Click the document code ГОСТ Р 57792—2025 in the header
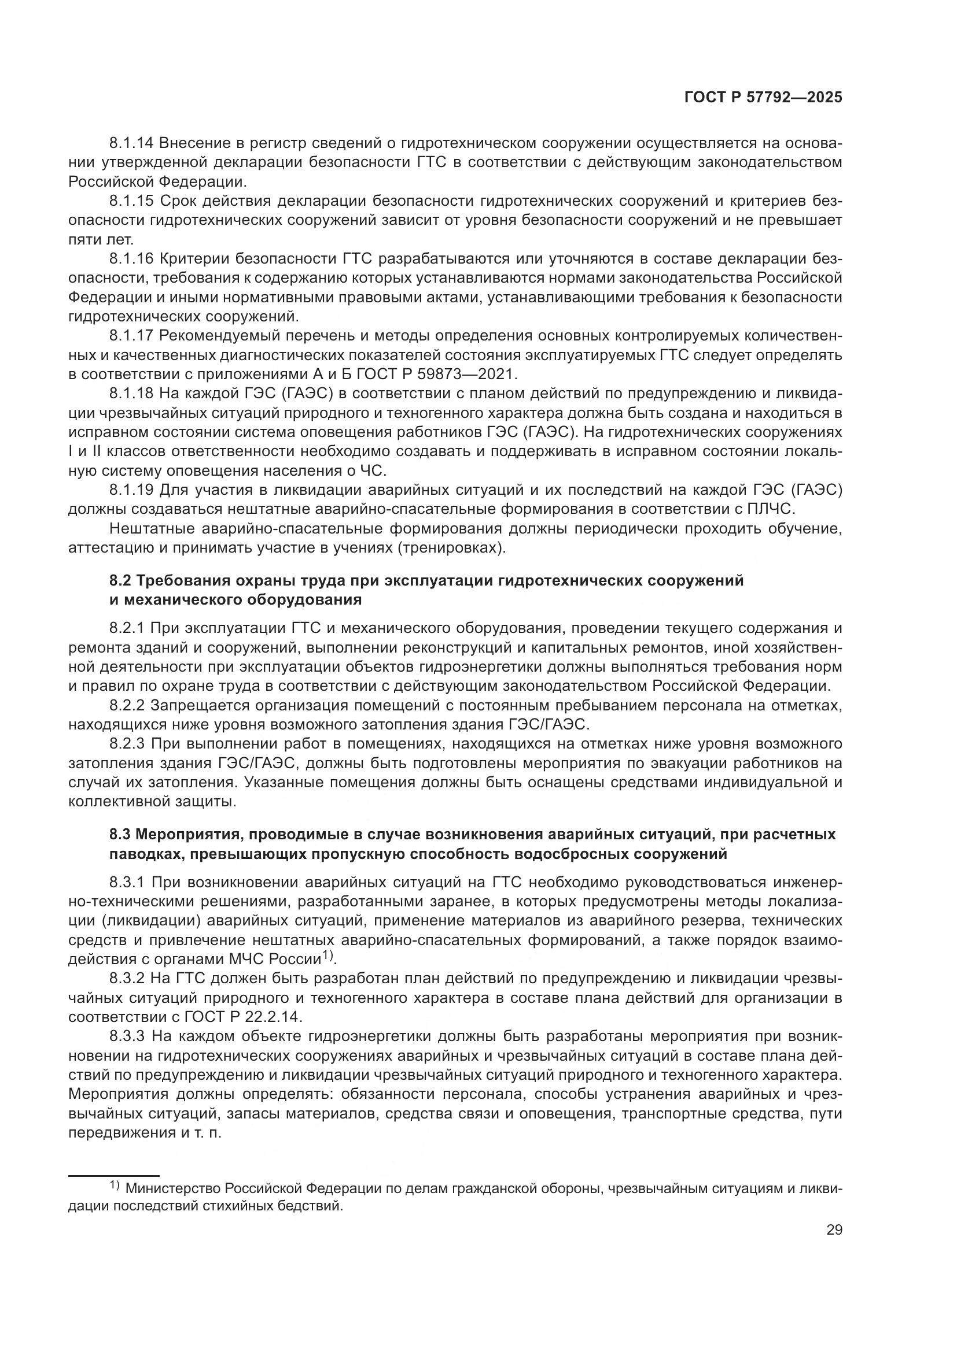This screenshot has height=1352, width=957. [x=763, y=98]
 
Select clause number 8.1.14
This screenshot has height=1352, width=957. [x=131, y=143]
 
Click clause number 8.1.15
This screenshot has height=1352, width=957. [x=131, y=201]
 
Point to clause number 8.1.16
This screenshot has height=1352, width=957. [x=131, y=258]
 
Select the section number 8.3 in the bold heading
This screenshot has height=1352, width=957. [x=120, y=835]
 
